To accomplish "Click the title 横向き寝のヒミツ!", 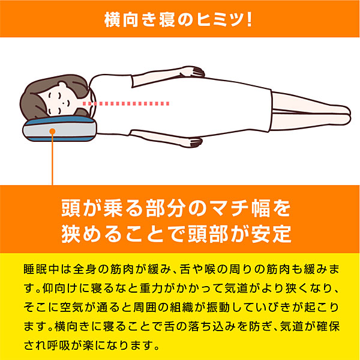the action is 178,20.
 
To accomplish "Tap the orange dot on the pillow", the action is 52,132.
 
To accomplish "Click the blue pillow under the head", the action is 59,129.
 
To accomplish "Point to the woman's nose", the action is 68,102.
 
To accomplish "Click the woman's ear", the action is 62,85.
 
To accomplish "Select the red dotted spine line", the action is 126,103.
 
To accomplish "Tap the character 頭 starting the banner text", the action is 71,209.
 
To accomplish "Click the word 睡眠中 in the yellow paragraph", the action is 41,269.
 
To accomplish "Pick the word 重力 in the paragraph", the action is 149,288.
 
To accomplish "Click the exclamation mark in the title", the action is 250,20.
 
